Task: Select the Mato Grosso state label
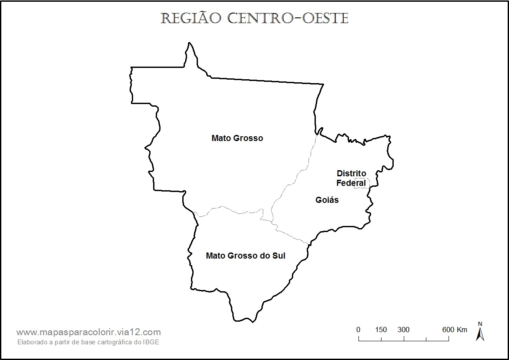point(237,138)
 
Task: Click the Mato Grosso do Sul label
point(245,256)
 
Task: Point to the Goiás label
point(327,200)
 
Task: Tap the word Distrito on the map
point(352,174)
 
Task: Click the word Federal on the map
point(351,183)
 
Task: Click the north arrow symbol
point(480,334)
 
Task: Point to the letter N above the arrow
point(480,324)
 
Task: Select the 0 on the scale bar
point(358,330)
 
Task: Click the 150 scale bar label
point(381,330)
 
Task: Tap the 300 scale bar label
point(403,330)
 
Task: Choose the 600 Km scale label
point(455,330)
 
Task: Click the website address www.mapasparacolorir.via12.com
point(88,332)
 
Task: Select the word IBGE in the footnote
point(152,342)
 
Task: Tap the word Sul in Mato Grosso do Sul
point(278,256)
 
